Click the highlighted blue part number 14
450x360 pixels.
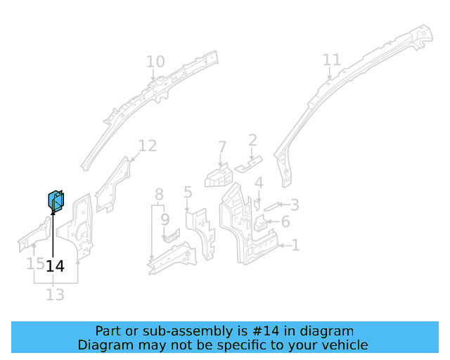click(56, 202)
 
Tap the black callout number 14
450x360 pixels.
click(55, 266)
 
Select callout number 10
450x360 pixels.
click(155, 62)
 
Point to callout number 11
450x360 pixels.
click(331, 60)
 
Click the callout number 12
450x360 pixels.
click(147, 146)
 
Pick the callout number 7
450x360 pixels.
click(222, 147)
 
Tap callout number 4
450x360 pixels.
click(259, 183)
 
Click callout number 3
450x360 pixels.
click(295, 205)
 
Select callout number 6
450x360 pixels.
click(285, 223)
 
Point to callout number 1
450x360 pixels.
click(296, 245)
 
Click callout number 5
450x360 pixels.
click(188, 191)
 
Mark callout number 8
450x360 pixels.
click(160, 193)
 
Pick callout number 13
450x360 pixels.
click(55, 294)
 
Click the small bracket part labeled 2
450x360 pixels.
click(247, 167)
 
